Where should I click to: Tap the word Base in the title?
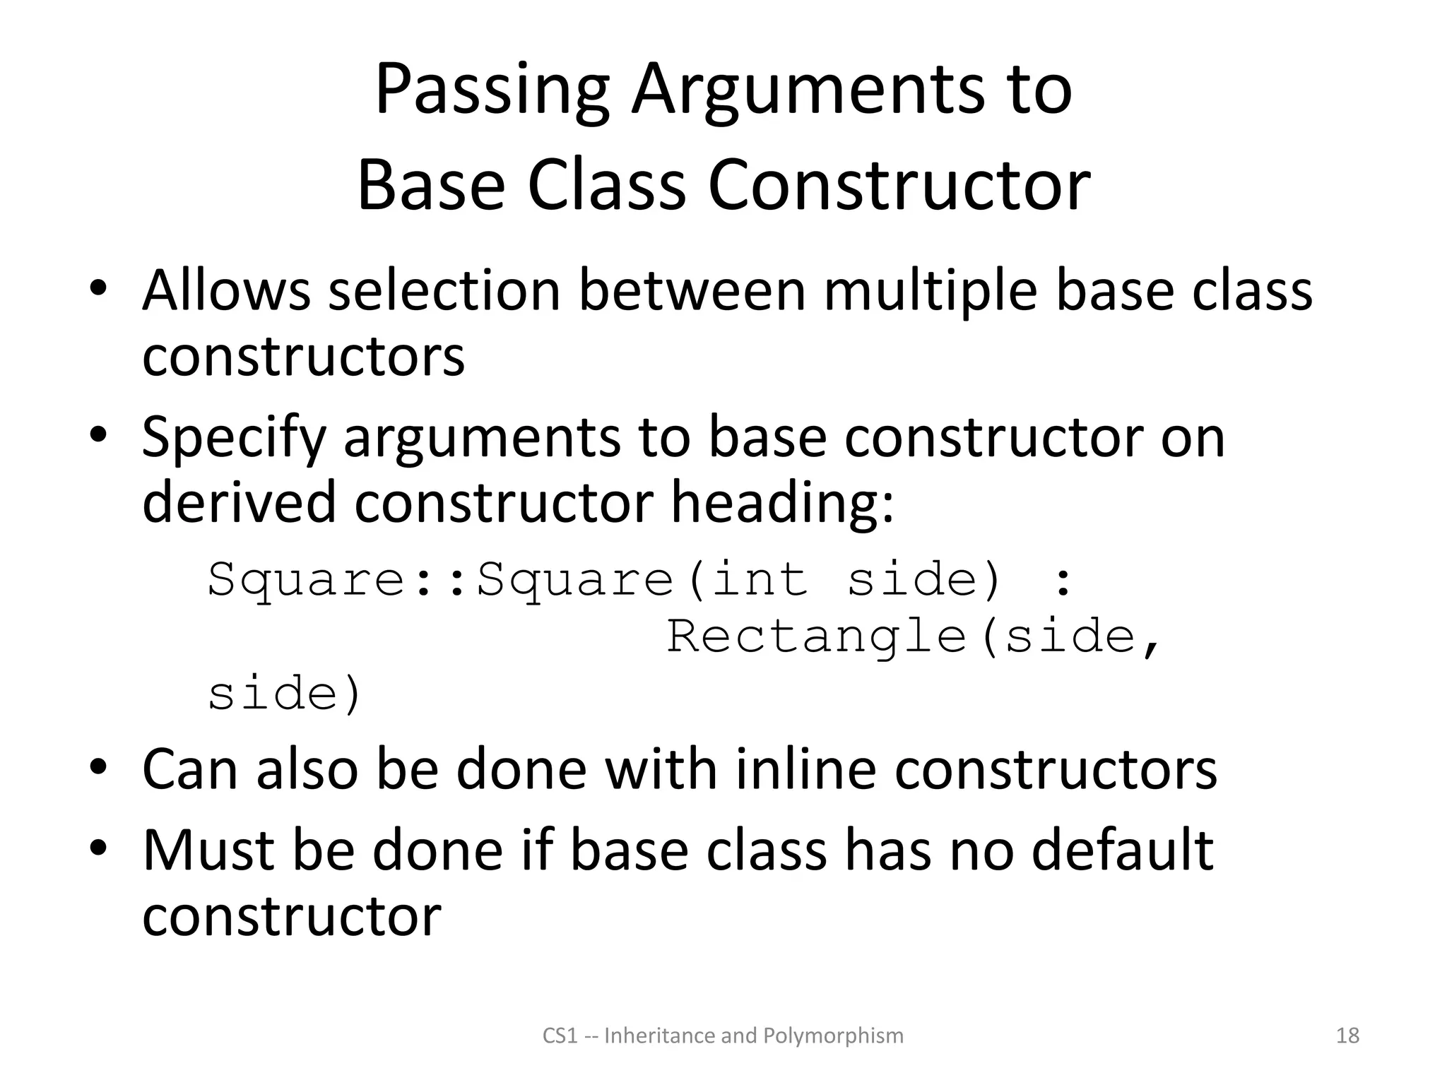point(431,185)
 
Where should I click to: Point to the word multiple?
point(931,290)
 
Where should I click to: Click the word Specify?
point(234,438)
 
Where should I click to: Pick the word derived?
point(239,502)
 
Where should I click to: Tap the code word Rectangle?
point(816,636)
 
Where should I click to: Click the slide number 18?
point(1347,1036)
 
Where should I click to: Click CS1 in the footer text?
point(560,1036)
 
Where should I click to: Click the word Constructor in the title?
point(899,185)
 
